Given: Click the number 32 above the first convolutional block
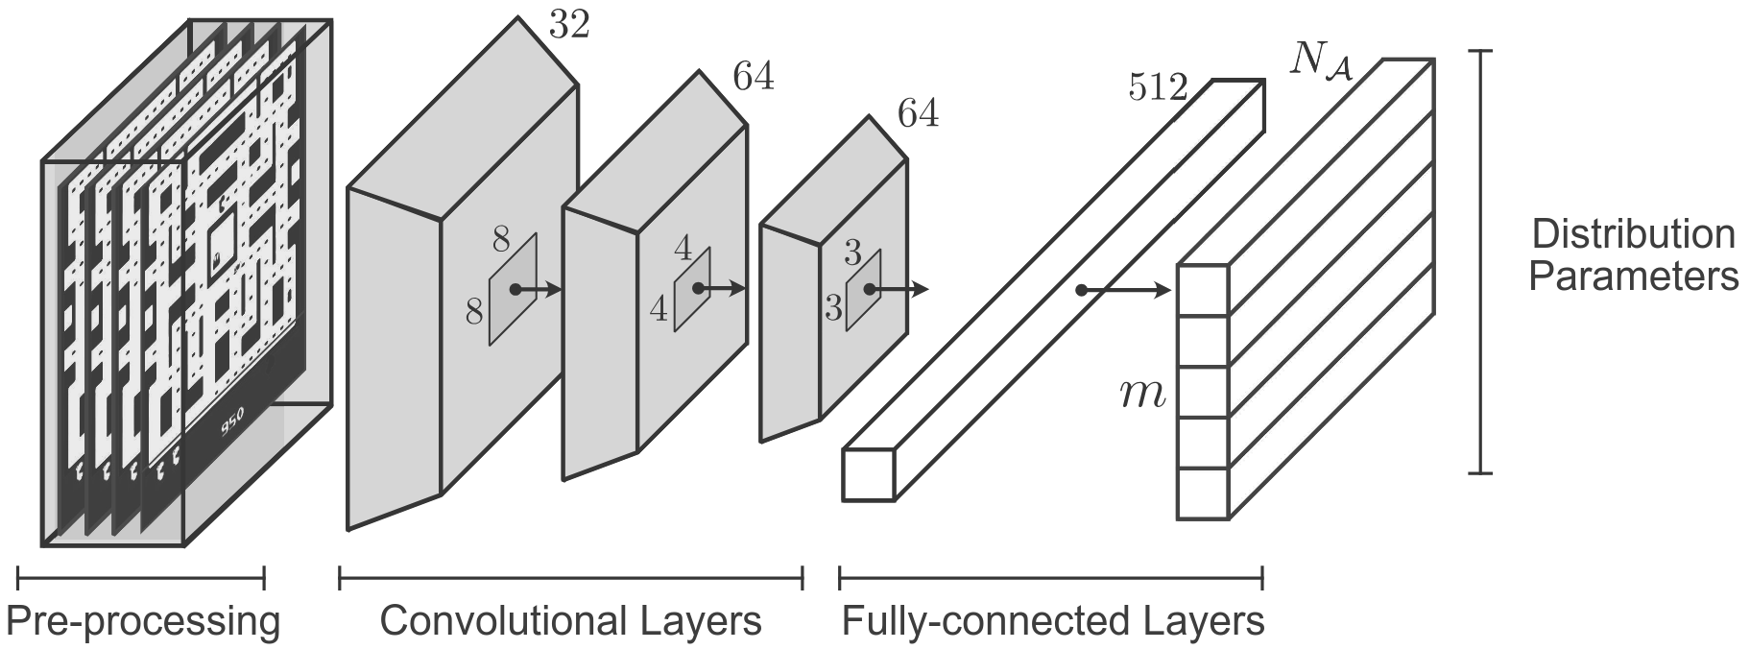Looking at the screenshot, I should click(568, 25).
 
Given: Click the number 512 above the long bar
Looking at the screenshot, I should click(1158, 89).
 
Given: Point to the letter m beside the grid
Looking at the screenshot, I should click(1142, 395).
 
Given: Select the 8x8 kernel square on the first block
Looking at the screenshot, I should click(513, 289).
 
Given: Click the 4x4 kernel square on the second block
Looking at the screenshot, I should click(692, 289).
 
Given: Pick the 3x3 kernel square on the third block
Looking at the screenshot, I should click(863, 291).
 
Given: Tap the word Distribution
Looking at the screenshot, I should click(1633, 235).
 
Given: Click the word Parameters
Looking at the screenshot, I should click(1633, 277).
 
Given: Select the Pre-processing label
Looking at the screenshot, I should click(144, 622).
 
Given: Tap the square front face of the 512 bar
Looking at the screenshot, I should click(868, 474).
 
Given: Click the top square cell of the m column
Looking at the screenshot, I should click(1203, 290).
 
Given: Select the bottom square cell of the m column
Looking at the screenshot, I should click(1203, 494).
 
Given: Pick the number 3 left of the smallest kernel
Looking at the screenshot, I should click(833, 309).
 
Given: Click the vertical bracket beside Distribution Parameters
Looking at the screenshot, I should click(1482, 261).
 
